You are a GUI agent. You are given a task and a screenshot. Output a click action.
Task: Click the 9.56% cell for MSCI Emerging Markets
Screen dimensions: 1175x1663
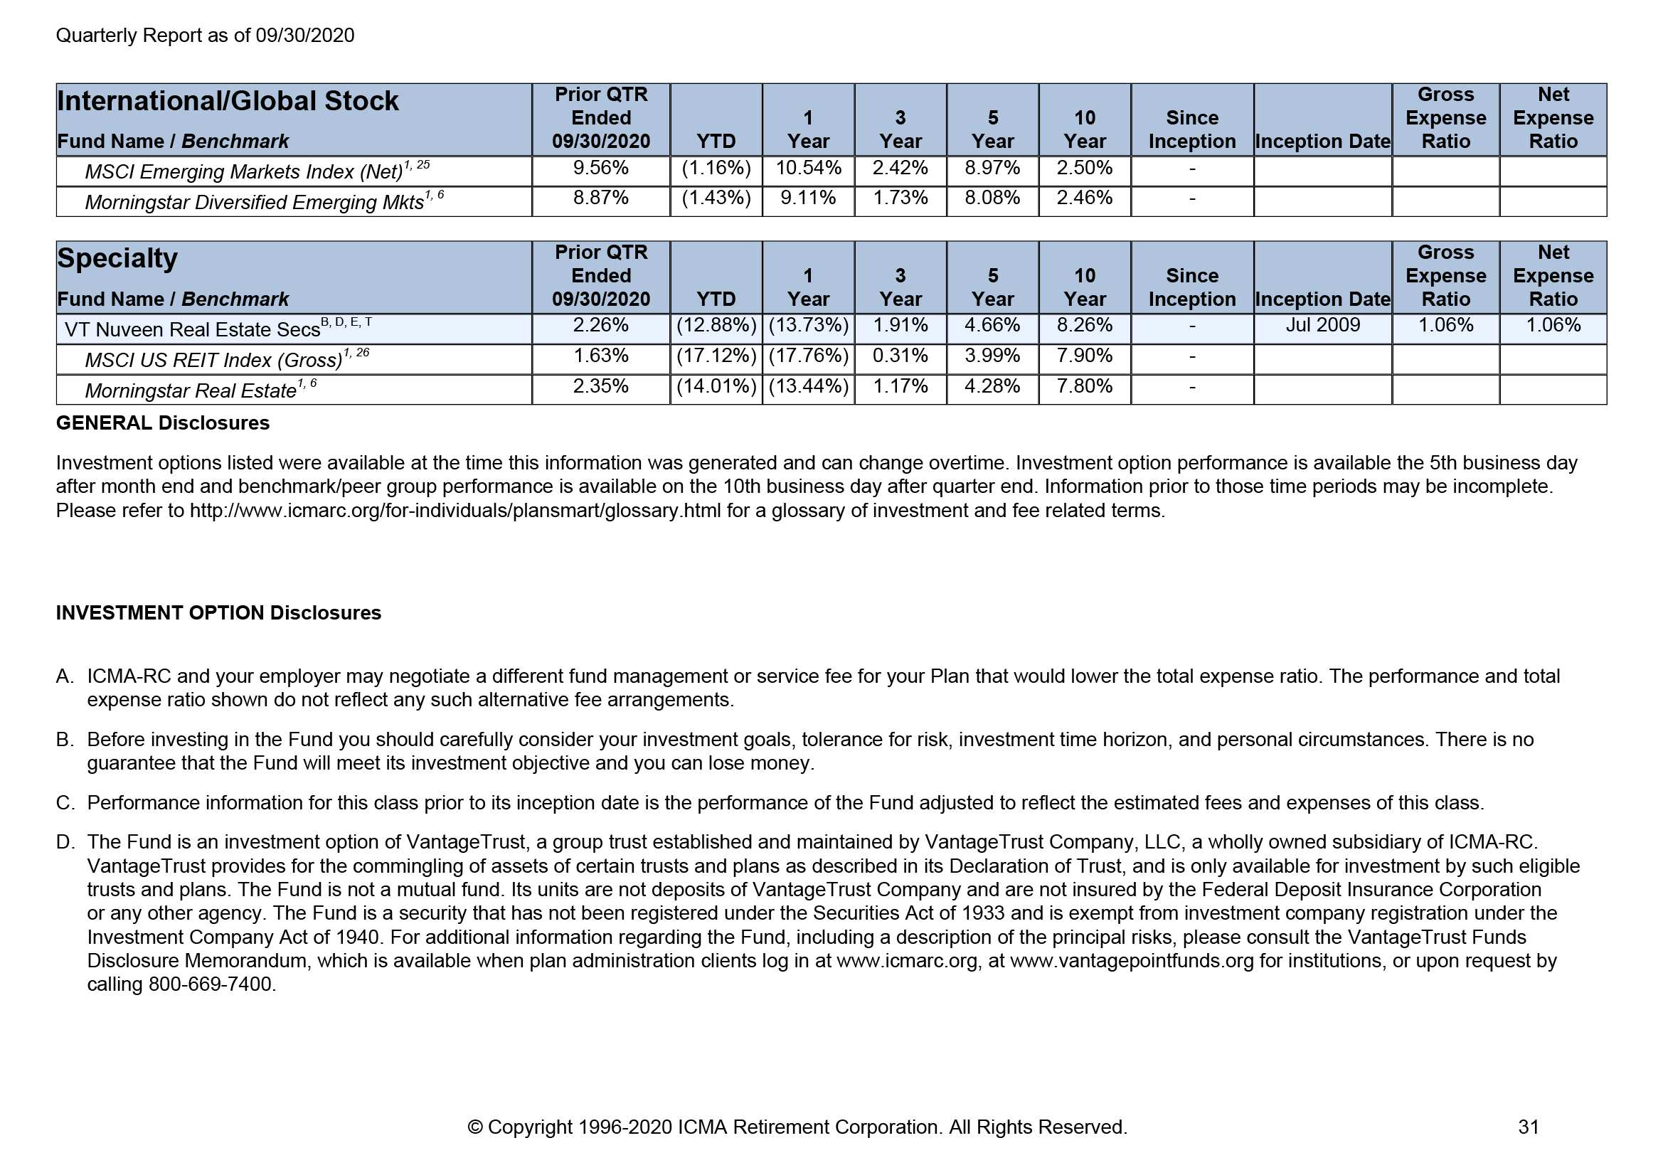pos(600,168)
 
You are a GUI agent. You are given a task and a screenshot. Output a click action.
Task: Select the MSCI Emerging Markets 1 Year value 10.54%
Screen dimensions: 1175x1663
pos(807,168)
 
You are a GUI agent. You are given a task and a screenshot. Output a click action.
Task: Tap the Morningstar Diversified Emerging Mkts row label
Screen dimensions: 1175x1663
pos(254,202)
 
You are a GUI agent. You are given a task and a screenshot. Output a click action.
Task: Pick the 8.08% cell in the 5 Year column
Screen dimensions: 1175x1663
pos(992,198)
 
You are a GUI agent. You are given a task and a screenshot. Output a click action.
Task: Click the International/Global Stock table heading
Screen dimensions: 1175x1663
pos(228,101)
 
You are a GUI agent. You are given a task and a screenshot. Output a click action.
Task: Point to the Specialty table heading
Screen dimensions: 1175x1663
pos(117,259)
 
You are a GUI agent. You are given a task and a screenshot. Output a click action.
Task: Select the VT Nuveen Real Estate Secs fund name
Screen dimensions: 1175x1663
pos(192,329)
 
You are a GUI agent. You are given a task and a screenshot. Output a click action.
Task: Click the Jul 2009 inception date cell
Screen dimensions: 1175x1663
pos(1322,325)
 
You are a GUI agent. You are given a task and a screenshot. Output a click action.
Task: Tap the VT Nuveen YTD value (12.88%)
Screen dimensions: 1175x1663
pos(716,325)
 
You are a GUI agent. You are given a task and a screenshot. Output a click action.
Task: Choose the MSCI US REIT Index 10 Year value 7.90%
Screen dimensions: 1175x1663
pos(1083,356)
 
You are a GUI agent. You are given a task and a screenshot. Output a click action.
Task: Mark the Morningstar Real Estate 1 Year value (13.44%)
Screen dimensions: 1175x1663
pos(807,386)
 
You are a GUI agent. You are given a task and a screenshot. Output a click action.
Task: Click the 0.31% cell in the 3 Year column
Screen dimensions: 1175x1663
pos(900,356)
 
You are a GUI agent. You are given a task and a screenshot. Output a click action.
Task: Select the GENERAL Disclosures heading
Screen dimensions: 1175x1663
pos(162,423)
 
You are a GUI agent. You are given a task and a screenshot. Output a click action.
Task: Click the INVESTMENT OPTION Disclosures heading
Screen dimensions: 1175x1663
pos(218,613)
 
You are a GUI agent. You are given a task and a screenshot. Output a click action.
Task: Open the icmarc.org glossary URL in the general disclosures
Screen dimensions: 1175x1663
pos(455,511)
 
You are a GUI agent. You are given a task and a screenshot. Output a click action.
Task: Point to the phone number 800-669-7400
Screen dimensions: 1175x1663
pos(211,984)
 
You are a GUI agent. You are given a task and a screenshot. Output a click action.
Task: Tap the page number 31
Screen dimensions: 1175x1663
pos(1529,1127)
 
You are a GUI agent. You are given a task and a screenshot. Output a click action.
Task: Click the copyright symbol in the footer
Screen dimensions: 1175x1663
pos(475,1127)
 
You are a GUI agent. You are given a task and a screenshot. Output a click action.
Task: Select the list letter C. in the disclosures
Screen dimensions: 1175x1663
pos(65,802)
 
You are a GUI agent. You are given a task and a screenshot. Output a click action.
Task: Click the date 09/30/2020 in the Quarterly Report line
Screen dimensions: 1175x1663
pos(305,36)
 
